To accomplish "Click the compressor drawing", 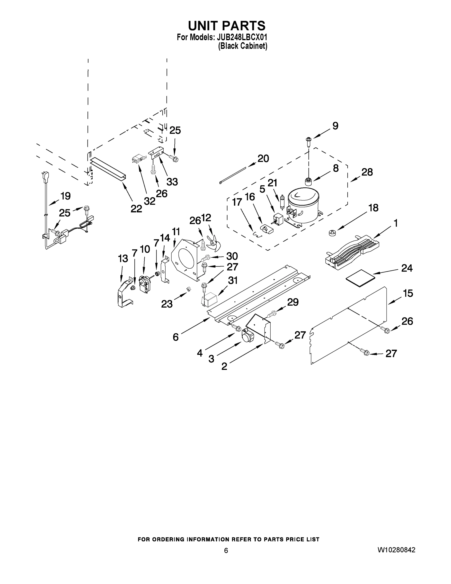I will pos(303,206).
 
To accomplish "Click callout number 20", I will pos(263,159).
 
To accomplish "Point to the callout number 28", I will pos(367,172).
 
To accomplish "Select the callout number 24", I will pos(407,268).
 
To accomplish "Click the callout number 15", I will pos(408,293).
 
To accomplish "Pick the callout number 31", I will pos(233,280).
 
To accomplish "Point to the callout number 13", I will pos(123,259).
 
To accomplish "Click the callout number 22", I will pos(136,209).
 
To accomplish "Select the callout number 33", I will pos(172,182).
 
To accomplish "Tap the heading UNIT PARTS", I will pos(227,26).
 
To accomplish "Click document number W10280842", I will pos(396,550).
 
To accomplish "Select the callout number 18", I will pos(373,208).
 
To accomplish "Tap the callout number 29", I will pos(292,302).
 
